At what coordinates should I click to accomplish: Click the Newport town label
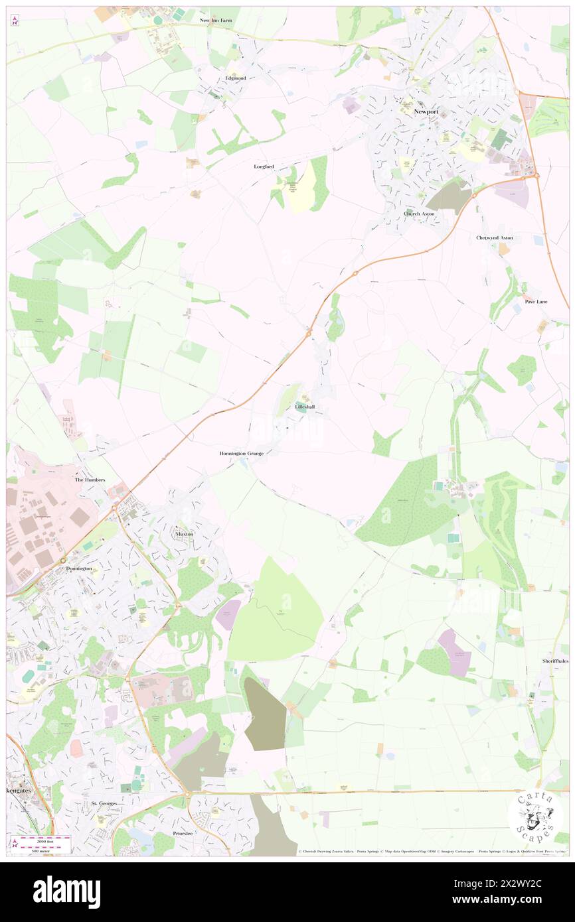pos(426,112)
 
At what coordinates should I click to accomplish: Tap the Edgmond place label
pos(235,78)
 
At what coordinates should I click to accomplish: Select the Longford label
pos(264,166)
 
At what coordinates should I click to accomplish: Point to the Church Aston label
pos(419,214)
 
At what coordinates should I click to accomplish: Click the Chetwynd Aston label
pos(495,237)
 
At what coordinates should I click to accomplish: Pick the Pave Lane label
pos(536,301)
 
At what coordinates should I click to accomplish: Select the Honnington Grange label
pos(242,453)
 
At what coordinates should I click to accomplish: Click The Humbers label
pos(89,479)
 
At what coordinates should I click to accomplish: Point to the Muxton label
pos(185,534)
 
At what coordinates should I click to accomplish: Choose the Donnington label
pos(79,568)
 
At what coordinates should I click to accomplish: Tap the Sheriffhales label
pos(555,661)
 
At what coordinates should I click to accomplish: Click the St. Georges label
pos(104,803)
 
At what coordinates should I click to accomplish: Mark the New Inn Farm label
pos(218,21)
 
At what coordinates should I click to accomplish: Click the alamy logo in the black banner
pos(66,892)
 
